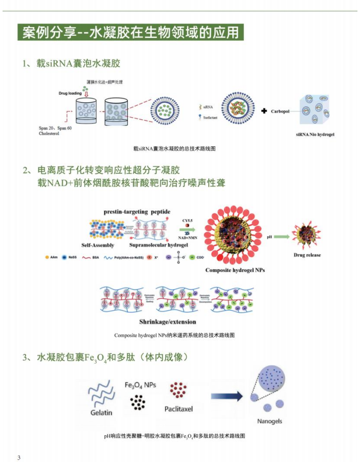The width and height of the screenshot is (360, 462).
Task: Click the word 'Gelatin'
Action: pos(101,412)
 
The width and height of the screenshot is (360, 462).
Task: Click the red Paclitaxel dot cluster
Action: pos(178,391)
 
